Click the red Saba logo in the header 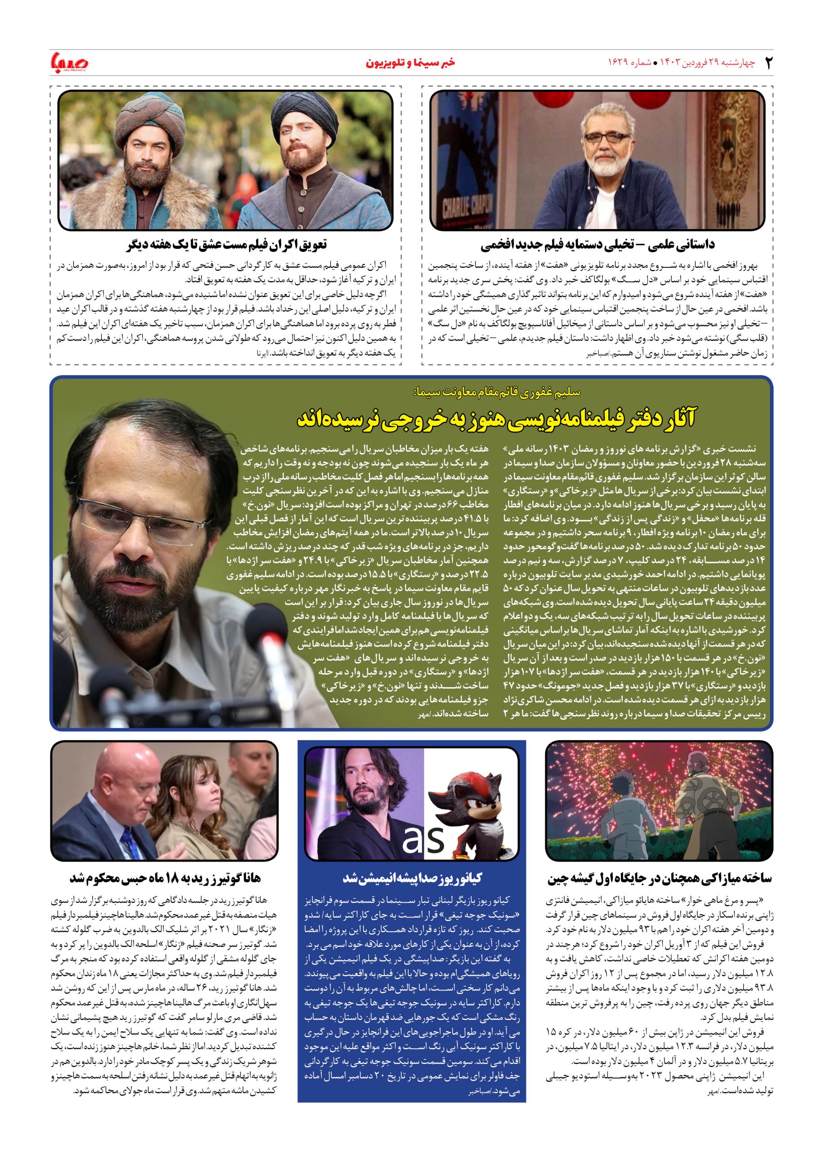(70, 62)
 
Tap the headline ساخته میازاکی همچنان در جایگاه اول (659, 878)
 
